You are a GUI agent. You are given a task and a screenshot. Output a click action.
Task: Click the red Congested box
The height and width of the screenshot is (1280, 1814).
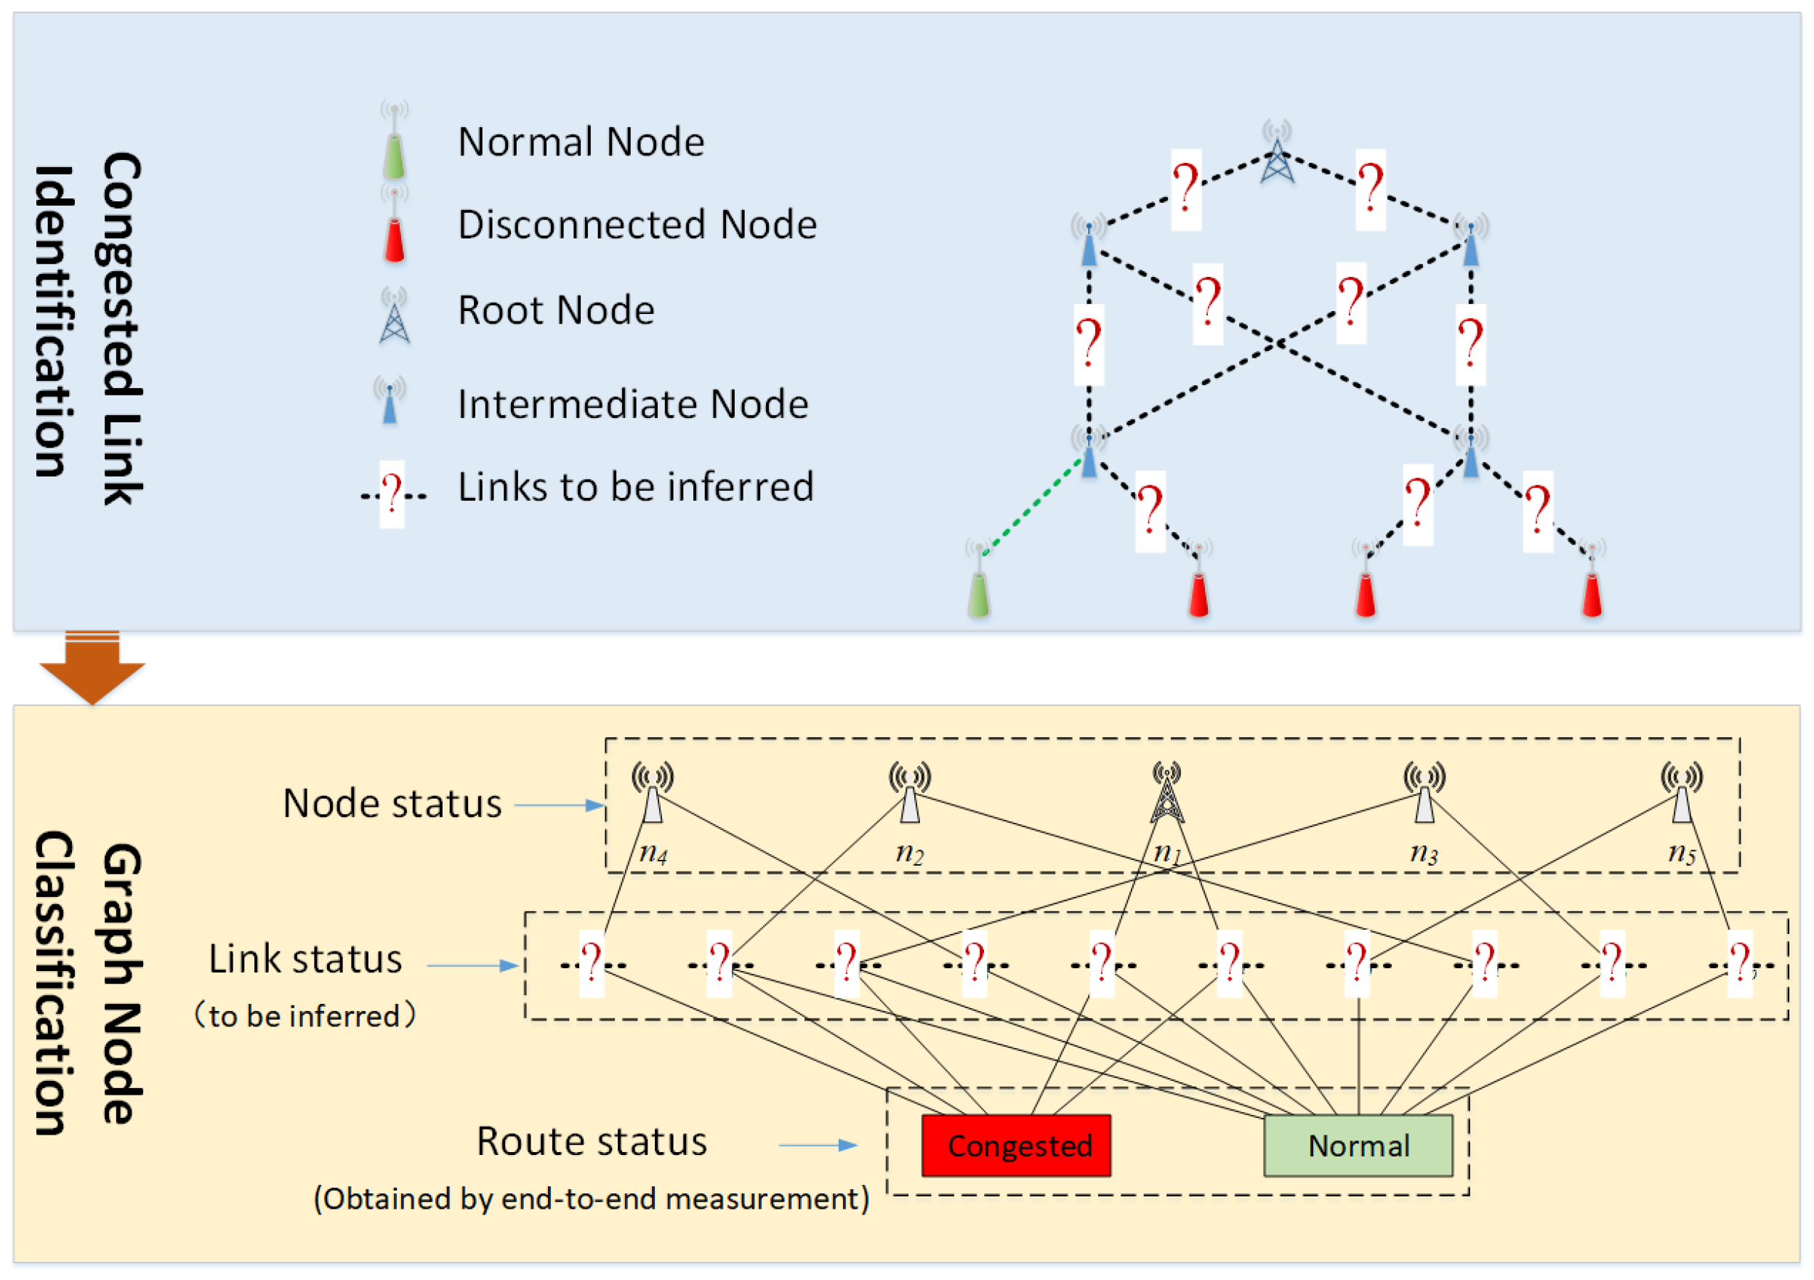pyautogui.click(x=1016, y=1145)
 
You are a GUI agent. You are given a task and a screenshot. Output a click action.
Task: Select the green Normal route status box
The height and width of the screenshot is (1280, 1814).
pyautogui.click(x=1358, y=1145)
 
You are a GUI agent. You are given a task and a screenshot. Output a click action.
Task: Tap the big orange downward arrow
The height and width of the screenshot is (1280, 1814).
pyautogui.click(x=92, y=668)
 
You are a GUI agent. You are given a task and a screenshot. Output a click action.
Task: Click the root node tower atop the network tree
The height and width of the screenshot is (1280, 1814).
pyautogui.click(x=1277, y=152)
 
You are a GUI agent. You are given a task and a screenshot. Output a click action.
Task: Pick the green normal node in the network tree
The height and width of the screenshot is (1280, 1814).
pyautogui.click(x=979, y=579)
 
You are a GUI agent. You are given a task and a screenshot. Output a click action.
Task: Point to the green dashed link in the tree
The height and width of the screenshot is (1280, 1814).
pyautogui.click(x=1033, y=506)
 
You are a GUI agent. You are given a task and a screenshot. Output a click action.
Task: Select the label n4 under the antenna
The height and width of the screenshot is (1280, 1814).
pyautogui.click(x=653, y=853)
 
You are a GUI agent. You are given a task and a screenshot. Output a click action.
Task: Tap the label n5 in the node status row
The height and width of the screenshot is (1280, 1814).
pyautogui.click(x=1682, y=853)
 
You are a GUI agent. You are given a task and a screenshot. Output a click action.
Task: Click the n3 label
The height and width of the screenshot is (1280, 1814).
pyautogui.click(x=1424, y=853)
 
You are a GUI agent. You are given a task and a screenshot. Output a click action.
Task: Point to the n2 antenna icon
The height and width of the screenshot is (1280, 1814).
pyautogui.click(x=910, y=792)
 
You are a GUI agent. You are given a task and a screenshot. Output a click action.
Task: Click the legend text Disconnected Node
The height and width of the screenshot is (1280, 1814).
pyautogui.click(x=637, y=225)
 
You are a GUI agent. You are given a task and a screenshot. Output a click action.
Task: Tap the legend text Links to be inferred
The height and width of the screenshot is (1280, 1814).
pyautogui.click(x=636, y=487)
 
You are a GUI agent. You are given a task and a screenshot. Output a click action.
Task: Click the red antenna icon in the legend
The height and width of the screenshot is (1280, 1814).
pyautogui.click(x=394, y=225)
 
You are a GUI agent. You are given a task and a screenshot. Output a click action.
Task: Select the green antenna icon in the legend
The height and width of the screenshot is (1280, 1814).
pyautogui.click(x=394, y=140)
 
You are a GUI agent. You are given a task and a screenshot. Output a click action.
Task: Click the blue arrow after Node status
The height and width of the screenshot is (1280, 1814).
pyautogui.click(x=560, y=805)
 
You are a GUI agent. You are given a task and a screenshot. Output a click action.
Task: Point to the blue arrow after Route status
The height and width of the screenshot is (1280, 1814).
pyautogui.click(x=818, y=1145)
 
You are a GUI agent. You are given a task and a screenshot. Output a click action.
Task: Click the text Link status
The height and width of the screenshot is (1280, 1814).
pyautogui.click(x=305, y=959)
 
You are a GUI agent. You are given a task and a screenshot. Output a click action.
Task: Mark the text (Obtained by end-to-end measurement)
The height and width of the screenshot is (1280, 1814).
pyautogui.click(x=592, y=1199)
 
